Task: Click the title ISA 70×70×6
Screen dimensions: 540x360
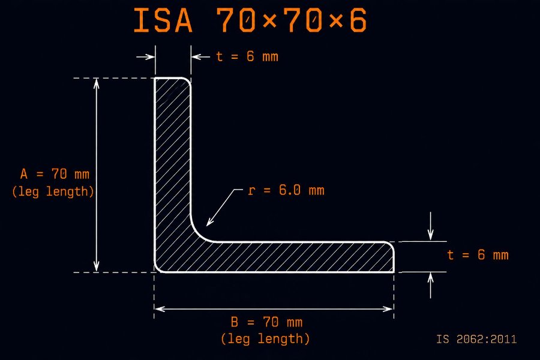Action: (x=250, y=20)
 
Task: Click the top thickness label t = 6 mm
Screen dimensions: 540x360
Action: (x=247, y=56)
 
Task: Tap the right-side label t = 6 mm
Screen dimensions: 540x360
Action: (x=478, y=255)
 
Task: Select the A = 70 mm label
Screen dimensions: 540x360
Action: (x=55, y=174)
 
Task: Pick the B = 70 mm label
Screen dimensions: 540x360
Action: (x=267, y=322)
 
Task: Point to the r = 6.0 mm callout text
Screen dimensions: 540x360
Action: (x=286, y=190)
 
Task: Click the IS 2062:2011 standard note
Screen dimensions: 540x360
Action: (x=476, y=339)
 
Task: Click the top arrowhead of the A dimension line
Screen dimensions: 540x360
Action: (x=97, y=83)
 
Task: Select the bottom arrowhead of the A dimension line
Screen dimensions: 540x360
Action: (x=97, y=267)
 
